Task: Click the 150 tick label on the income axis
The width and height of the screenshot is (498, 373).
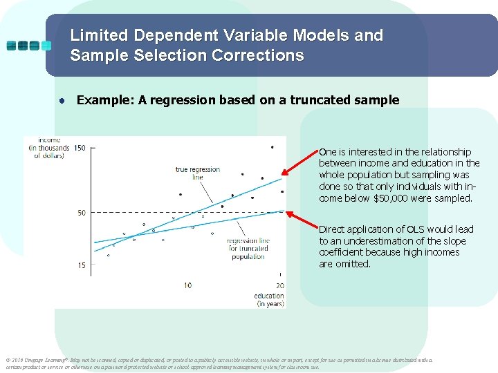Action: click(x=80, y=148)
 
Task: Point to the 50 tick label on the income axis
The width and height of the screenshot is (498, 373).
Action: click(x=82, y=213)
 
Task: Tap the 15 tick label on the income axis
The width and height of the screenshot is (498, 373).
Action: click(x=82, y=265)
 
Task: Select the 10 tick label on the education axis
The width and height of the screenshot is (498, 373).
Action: click(x=187, y=285)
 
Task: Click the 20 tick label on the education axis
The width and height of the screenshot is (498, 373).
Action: click(x=279, y=285)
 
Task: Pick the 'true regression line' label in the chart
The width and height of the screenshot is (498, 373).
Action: click(x=197, y=173)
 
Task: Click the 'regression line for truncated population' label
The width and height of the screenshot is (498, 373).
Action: click(x=248, y=249)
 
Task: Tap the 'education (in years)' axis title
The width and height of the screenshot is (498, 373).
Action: click(x=270, y=300)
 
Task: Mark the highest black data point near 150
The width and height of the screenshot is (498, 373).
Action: click(x=272, y=147)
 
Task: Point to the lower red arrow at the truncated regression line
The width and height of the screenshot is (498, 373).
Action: click(x=302, y=222)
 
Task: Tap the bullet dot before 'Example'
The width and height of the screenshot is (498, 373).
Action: click(x=62, y=101)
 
